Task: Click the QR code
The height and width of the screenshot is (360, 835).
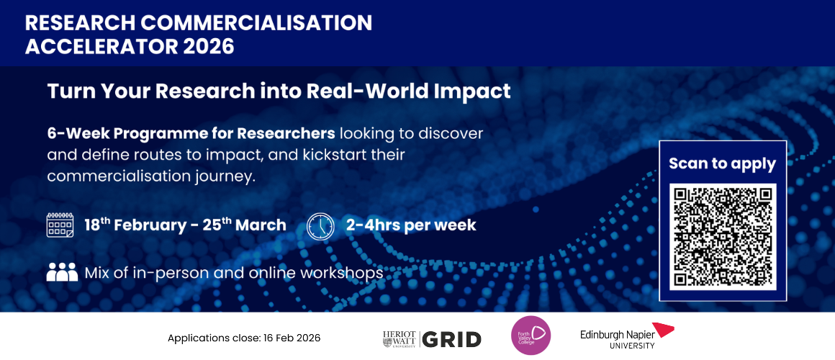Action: point(723,236)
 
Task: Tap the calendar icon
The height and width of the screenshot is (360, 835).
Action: point(60,225)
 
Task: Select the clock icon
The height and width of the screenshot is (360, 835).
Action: point(320,225)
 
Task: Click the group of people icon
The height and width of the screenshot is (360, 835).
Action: point(62,272)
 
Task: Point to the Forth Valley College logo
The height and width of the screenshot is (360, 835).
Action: point(531,336)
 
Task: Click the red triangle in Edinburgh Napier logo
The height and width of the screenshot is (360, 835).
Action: point(662,329)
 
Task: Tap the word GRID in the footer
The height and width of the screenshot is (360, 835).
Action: point(453,339)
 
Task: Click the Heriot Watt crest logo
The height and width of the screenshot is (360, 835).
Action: point(401,338)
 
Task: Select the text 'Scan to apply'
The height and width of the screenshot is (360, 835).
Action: point(723,164)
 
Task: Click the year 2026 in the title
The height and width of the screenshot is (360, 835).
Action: point(209,46)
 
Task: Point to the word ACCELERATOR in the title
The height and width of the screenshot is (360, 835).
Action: point(101,46)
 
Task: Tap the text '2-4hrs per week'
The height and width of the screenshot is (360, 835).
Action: point(411,225)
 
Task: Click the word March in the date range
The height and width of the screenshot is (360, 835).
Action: point(261,225)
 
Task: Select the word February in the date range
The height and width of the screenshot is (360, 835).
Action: point(150,225)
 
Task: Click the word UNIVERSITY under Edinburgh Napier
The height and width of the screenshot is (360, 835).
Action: point(633,346)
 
